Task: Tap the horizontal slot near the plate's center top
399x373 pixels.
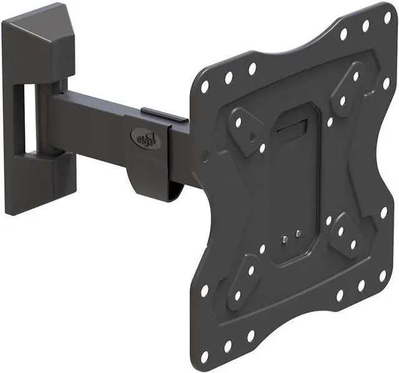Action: click(294, 130)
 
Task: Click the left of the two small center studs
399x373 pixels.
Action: click(284, 238)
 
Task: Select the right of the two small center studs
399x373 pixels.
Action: click(298, 234)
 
